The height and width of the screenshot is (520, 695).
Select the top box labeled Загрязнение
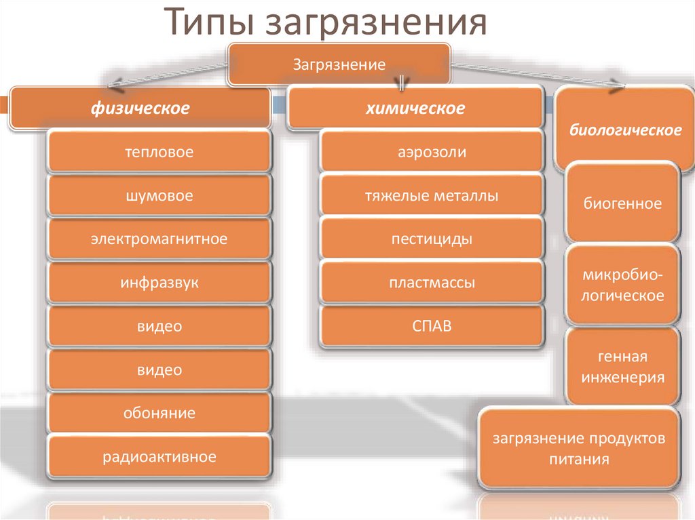point(339,65)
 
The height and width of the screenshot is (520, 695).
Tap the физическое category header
point(141,108)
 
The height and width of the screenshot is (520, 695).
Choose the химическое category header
point(416,108)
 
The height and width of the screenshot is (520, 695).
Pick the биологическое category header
point(625,129)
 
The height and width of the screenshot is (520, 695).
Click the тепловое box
point(159,152)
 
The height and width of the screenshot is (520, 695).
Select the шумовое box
point(159,196)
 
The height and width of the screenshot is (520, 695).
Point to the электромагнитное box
point(159,239)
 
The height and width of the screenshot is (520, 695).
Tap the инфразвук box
point(159,283)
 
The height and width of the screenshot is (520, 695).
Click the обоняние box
point(159,413)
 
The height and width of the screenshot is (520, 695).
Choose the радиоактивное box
point(159,457)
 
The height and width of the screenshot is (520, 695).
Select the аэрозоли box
point(432,152)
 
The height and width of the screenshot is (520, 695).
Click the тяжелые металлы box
point(432,196)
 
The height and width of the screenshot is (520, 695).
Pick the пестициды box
point(432,239)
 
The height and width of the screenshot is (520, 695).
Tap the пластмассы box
point(432,283)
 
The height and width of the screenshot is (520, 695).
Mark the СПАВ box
point(432,326)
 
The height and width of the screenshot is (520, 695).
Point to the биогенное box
point(622,203)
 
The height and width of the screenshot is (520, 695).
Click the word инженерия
point(622,378)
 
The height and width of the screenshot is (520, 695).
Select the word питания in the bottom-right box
point(579,459)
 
